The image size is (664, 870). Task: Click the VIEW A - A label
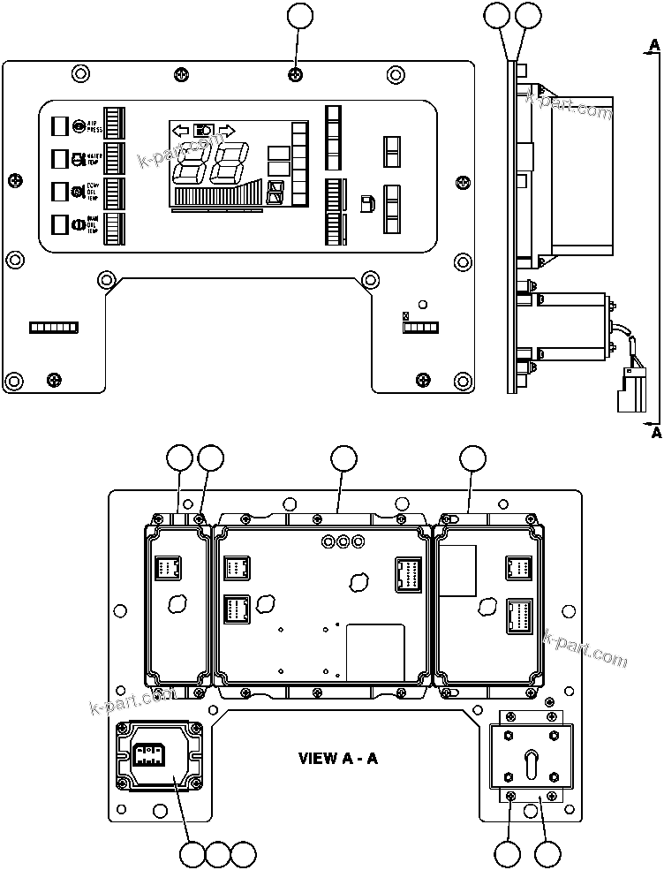click(x=338, y=758)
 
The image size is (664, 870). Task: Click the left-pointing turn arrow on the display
click(x=181, y=130)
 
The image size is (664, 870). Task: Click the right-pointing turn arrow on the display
click(x=226, y=130)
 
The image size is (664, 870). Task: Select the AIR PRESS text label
click(x=94, y=127)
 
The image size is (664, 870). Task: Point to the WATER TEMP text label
click(x=94, y=160)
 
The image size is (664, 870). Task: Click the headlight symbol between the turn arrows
click(x=204, y=129)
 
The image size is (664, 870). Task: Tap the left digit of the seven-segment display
click(x=192, y=163)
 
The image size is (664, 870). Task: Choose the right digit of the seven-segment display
click(x=227, y=163)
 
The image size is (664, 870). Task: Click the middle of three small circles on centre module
click(x=343, y=541)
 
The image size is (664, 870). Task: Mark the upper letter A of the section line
click(x=653, y=44)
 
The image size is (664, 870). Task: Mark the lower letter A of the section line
click(x=653, y=434)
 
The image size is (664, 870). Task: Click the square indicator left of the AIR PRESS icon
click(x=59, y=125)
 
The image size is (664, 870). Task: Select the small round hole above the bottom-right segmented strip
click(x=422, y=306)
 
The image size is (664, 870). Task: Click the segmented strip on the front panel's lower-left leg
click(x=54, y=328)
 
